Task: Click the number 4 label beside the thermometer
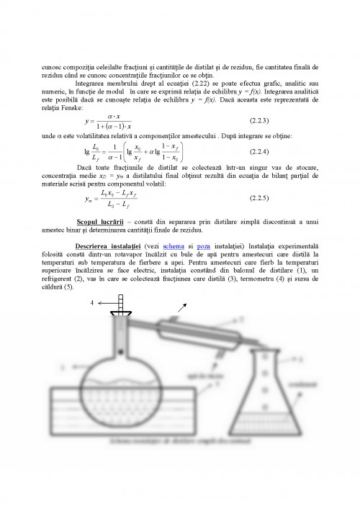[92, 303]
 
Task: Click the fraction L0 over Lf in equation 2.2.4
[97, 153]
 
